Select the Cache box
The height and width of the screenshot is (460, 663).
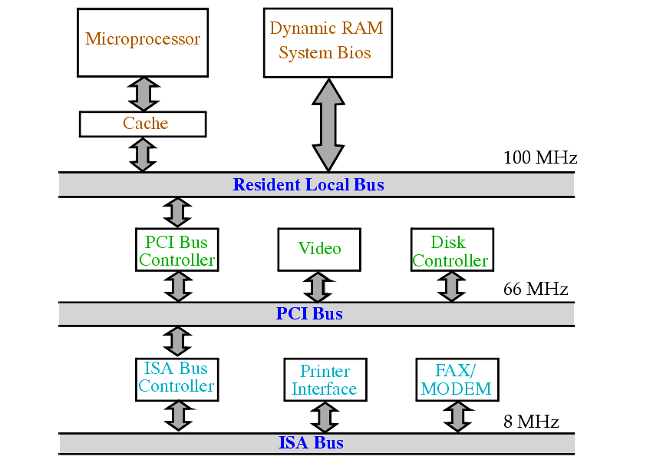tap(143, 124)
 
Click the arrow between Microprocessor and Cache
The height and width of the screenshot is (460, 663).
tap(143, 94)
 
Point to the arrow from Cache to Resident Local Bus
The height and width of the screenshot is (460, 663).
tap(143, 154)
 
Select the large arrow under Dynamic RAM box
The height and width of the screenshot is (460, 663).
tap(328, 124)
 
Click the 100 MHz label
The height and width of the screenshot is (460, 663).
tap(539, 158)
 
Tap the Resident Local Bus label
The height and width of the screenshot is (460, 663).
tap(308, 184)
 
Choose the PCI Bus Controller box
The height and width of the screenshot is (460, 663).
tap(177, 250)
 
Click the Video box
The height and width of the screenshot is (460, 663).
tap(319, 249)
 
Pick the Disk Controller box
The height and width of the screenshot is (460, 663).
tap(450, 250)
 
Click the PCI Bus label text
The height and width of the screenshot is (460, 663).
tap(309, 313)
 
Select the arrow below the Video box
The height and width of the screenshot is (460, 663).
tap(317, 286)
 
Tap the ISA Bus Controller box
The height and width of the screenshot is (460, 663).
tap(176, 378)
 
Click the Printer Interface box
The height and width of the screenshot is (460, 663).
tap(324, 380)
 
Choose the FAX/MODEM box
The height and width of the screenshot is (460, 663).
tap(456, 379)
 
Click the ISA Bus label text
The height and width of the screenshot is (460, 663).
tap(310, 443)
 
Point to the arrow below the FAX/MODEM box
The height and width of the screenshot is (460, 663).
tap(457, 416)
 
